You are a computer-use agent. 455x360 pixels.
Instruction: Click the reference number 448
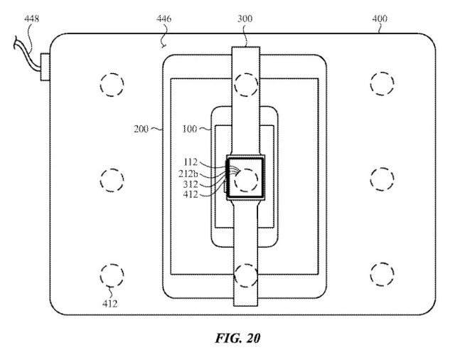[x=31, y=19]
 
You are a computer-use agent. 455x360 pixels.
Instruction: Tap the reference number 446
[x=164, y=19]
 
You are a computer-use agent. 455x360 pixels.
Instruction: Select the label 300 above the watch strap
[x=245, y=19]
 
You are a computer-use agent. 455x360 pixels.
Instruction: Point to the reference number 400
[x=380, y=19]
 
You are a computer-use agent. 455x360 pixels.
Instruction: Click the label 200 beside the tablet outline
[x=141, y=129]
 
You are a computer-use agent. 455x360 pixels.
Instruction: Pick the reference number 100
[x=190, y=129]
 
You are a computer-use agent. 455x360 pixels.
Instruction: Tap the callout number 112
[x=191, y=162]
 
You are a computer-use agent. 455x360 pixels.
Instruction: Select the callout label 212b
[x=188, y=174]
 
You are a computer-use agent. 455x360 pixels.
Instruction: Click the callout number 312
[x=191, y=184]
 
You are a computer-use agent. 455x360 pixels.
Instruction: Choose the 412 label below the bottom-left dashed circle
[x=110, y=304]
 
